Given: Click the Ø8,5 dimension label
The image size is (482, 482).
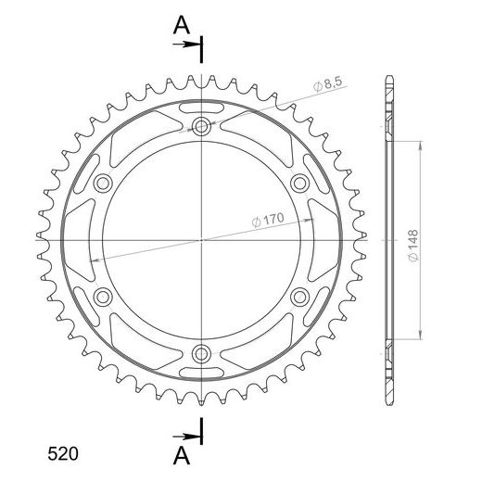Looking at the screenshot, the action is click(x=328, y=84).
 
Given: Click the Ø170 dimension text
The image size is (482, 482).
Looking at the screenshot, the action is click(x=268, y=220).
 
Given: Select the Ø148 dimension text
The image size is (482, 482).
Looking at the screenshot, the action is click(x=412, y=246).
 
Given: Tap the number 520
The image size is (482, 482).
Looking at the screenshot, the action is click(x=63, y=454).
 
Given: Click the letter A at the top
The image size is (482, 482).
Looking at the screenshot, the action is click(x=182, y=25).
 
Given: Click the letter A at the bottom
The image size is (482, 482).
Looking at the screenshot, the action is click(x=182, y=456).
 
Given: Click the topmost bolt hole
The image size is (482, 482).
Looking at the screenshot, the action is click(x=201, y=126).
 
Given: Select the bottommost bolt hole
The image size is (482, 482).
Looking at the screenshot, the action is click(x=201, y=354).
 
